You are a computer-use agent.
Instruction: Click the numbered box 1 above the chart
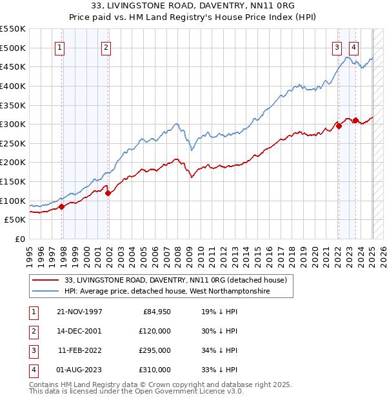(59, 46)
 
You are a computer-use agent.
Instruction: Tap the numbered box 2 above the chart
(105, 46)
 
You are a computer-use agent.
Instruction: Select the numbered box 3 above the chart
(337, 46)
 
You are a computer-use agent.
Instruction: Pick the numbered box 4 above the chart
(354, 46)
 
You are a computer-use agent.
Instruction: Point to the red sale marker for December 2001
(108, 193)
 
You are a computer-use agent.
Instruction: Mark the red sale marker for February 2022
(339, 126)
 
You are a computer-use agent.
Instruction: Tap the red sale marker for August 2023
(355, 120)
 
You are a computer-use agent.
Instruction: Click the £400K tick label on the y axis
(13, 86)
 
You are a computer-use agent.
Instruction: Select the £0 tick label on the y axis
(19, 239)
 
